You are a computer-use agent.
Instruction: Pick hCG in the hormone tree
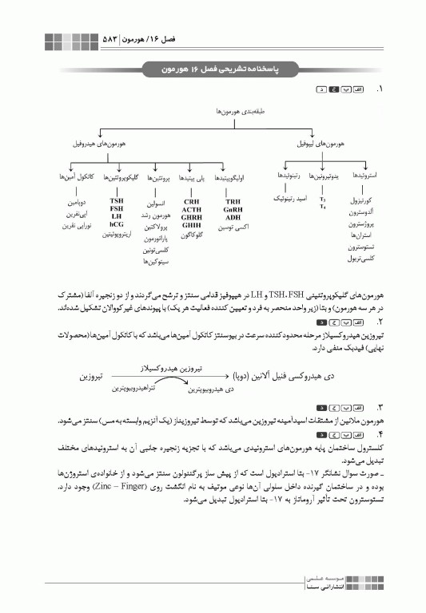[117, 224]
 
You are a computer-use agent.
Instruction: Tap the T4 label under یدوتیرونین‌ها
[322, 207]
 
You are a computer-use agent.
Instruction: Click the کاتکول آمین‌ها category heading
[76, 174]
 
